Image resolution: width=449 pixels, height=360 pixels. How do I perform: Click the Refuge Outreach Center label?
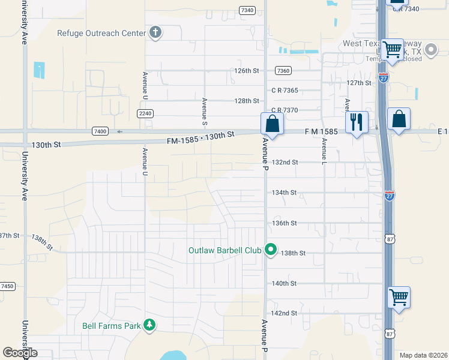tap(101, 33)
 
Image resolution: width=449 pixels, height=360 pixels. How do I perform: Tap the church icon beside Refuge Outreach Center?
tap(155, 32)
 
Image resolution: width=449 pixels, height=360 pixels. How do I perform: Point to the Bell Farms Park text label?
tap(111, 326)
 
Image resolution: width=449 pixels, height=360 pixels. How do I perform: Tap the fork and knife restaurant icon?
tap(356, 123)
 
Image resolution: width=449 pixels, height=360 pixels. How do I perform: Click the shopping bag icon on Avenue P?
tap(272, 124)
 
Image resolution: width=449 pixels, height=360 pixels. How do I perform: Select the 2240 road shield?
tap(145, 113)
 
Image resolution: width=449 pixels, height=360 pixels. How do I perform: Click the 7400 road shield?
tap(100, 131)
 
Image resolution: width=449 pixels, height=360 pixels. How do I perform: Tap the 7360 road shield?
tap(283, 71)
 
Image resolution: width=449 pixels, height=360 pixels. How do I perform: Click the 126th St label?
tap(246, 71)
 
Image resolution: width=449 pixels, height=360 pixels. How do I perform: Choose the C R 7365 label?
tap(285, 91)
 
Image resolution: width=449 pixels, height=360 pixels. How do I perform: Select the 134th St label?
tap(285, 193)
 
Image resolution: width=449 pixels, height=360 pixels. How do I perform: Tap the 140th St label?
tap(285, 283)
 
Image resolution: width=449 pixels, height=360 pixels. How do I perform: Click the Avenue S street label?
tap(205, 111)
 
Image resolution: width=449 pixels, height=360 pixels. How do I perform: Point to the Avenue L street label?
tap(324, 152)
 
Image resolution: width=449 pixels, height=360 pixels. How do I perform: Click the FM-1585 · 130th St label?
tap(200, 138)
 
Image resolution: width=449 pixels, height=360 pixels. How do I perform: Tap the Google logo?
tap(20, 353)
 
